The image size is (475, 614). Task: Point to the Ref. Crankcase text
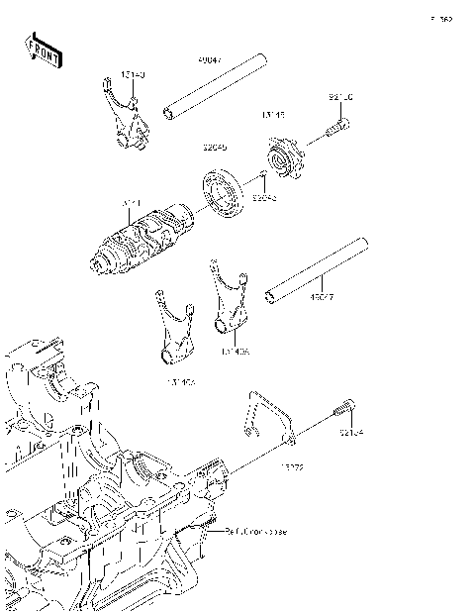click(256, 532)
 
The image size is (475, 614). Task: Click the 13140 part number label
click(133, 75)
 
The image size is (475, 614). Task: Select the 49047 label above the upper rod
click(211, 60)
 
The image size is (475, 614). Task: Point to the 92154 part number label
click(352, 433)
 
